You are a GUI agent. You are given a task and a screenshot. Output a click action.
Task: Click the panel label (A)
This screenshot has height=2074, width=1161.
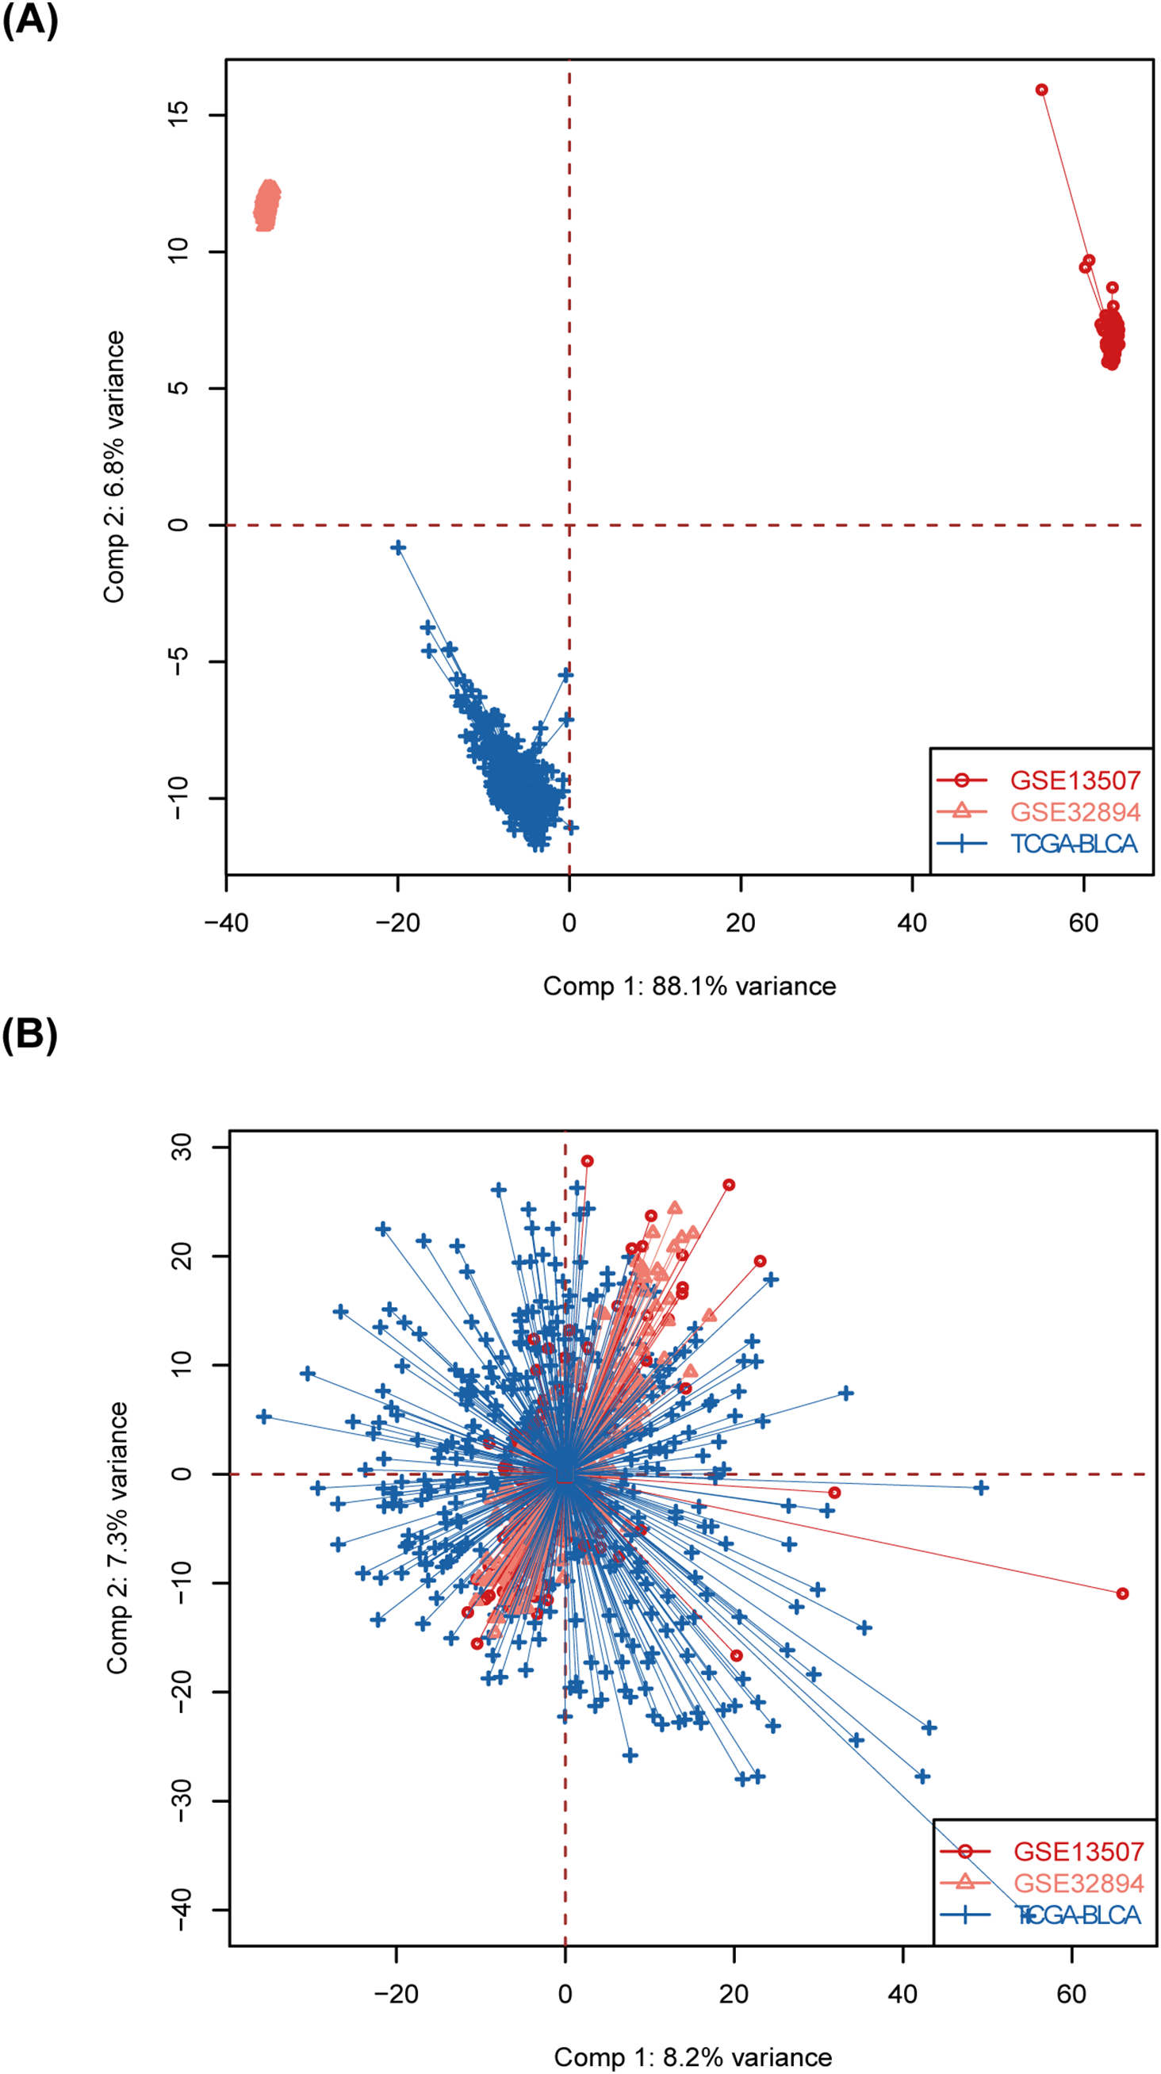[30, 20]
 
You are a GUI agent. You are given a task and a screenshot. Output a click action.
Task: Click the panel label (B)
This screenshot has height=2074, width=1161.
[30, 1034]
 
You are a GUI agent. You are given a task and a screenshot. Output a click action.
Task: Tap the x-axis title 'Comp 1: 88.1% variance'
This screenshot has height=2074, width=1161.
[689, 986]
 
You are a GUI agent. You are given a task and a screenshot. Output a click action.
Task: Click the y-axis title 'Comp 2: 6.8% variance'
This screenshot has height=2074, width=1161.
[113, 467]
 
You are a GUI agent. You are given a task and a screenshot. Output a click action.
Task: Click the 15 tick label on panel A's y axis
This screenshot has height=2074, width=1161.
[178, 114]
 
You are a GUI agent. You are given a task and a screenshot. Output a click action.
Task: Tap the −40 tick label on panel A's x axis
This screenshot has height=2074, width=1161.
[226, 922]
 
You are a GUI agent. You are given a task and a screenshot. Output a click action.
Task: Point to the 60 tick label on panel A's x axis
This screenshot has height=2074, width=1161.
[1083, 922]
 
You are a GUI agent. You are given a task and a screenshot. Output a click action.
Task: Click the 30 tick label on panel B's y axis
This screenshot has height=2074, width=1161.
[182, 1147]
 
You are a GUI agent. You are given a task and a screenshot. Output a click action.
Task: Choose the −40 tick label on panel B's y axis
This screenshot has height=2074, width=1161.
[182, 1910]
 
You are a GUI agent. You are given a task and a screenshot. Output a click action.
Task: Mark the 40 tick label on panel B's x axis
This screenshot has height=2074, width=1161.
[902, 1993]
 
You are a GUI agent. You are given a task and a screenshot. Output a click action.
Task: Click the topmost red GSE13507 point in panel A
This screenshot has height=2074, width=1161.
[1041, 90]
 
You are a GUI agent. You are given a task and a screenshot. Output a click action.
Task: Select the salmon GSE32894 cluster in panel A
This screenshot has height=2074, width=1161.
[266, 205]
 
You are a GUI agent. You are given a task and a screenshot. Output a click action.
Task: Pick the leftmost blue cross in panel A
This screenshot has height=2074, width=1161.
[398, 547]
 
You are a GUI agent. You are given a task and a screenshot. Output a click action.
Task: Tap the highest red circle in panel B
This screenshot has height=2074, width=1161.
[587, 1161]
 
